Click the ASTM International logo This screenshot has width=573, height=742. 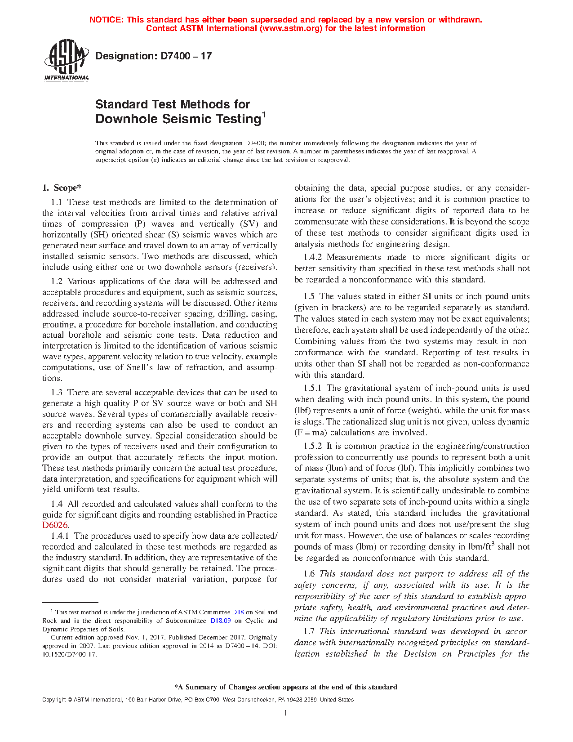(x=66, y=60)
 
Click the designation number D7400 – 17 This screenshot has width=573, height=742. (x=153, y=56)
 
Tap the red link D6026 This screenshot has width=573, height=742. (x=55, y=525)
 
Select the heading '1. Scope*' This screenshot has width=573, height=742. (x=62, y=188)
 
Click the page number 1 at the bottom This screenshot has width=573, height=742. (x=285, y=713)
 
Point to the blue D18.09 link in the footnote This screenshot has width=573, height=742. (x=220, y=621)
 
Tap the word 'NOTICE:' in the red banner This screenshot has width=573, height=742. (x=107, y=20)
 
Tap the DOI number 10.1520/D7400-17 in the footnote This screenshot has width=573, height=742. (x=70, y=654)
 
